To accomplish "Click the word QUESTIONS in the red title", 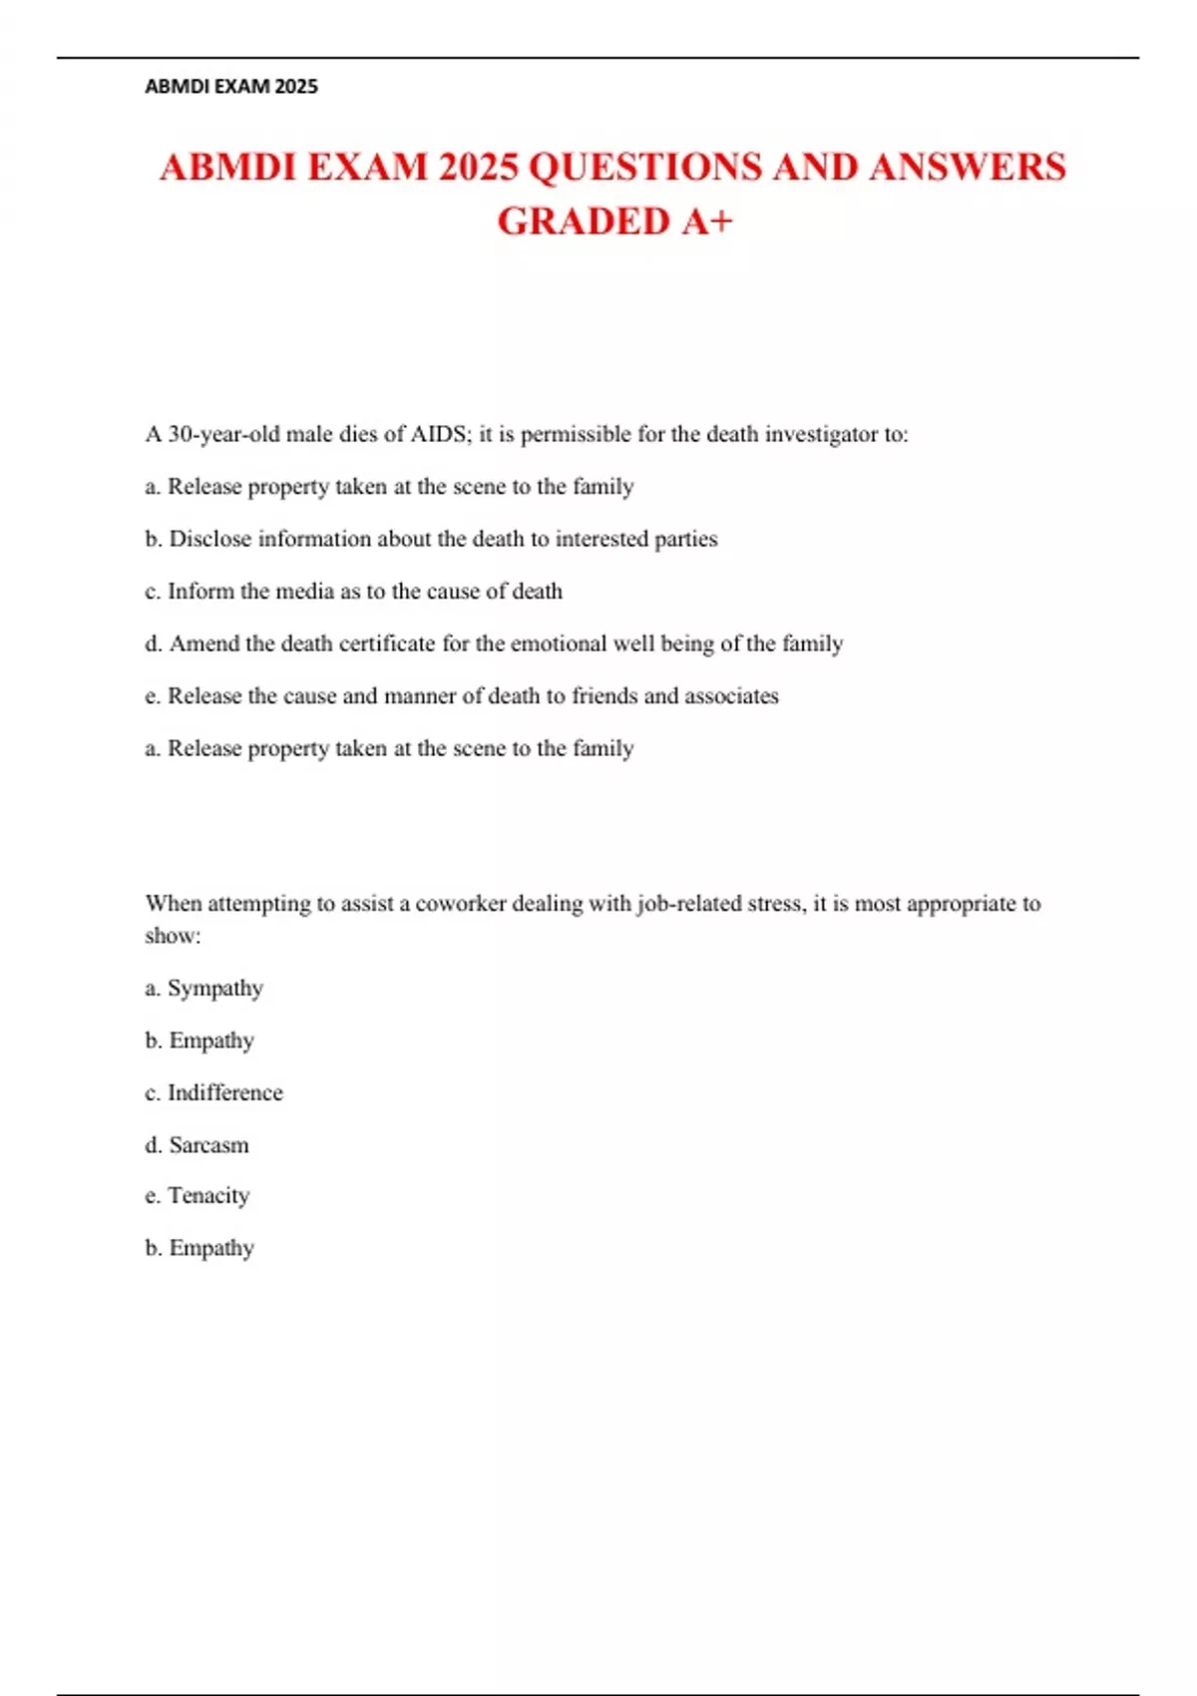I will tap(644, 168).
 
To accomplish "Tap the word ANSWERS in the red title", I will tap(967, 168).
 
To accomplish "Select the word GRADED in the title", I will tap(584, 221).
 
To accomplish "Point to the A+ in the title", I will tap(707, 221).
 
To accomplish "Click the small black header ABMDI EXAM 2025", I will tap(231, 87).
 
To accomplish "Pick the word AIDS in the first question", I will tap(439, 434).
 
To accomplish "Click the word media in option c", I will tap(304, 592).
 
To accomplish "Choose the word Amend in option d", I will tap(204, 643).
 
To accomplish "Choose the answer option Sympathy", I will tap(215, 989).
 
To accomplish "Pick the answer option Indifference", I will tap(225, 1093).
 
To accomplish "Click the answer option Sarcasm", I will tap(209, 1145).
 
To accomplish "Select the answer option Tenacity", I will tap(208, 1195).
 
